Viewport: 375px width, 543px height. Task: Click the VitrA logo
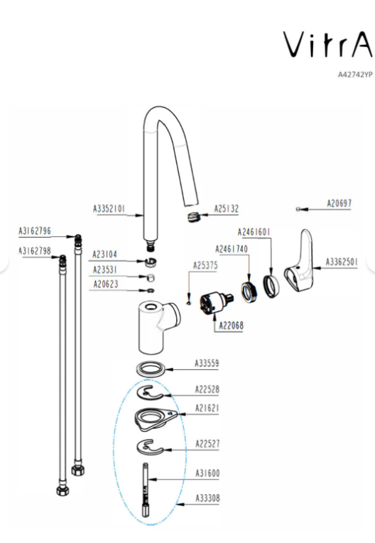[x=328, y=44]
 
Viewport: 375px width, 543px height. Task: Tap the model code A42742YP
[x=355, y=75]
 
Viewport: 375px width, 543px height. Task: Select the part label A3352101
[x=109, y=209]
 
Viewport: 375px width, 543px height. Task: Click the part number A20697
[x=339, y=203]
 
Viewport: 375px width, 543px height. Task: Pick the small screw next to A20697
[x=298, y=209]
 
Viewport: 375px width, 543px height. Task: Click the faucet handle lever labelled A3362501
[x=299, y=260]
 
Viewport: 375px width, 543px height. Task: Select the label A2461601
[x=254, y=232]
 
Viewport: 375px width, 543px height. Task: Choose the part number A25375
[x=205, y=265]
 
